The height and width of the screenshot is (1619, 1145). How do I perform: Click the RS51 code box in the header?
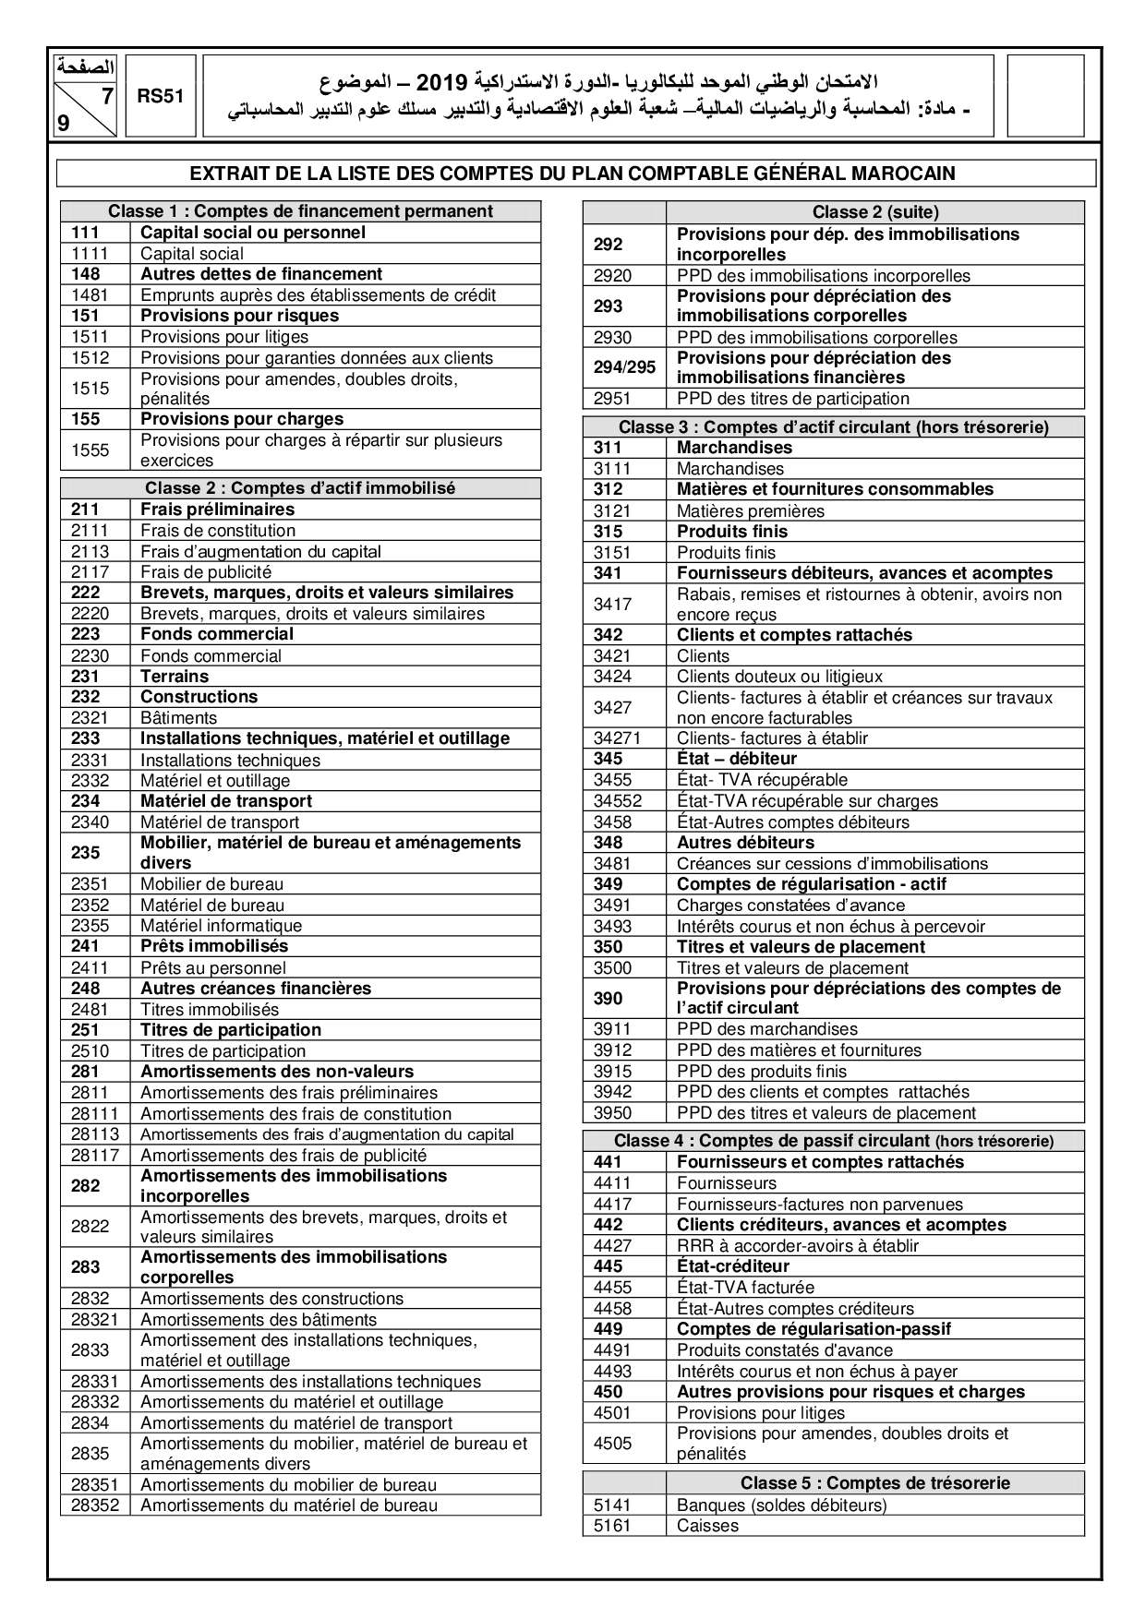tap(162, 95)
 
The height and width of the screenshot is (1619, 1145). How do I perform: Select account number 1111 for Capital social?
tap(90, 254)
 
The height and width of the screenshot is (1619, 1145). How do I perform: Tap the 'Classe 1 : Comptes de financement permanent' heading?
tap(300, 211)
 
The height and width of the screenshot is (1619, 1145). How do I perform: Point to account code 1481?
tap(90, 295)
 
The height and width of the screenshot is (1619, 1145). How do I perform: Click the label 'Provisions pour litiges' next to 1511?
tap(224, 337)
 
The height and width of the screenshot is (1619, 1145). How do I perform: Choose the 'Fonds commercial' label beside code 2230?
tap(211, 656)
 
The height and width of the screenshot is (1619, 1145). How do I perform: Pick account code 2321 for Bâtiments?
tap(90, 718)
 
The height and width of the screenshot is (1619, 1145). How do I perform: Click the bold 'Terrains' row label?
tap(175, 677)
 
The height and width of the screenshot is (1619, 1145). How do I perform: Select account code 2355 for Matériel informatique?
tap(90, 926)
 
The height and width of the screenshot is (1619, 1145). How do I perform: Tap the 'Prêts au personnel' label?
tap(213, 968)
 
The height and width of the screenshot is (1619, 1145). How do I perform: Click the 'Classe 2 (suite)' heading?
tap(874, 212)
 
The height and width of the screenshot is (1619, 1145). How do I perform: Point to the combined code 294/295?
tap(624, 367)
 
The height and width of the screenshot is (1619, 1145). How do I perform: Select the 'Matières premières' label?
tap(751, 511)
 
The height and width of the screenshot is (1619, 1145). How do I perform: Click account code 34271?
tap(617, 738)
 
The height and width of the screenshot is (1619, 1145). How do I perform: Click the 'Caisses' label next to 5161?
tap(707, 1526)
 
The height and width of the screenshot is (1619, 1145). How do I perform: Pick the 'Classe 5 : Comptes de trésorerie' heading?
tap(874, 1483)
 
